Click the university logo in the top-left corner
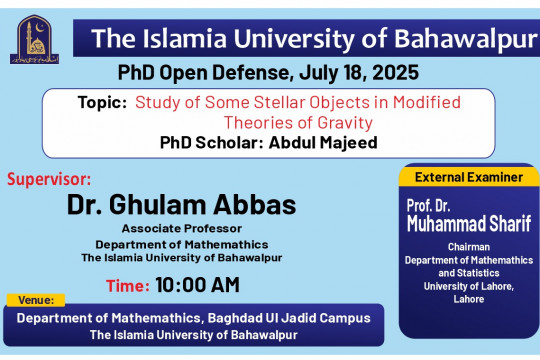coord(35,39)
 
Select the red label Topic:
coord(102,103)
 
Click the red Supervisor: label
coord(49,180)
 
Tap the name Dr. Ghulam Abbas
coord(182,205)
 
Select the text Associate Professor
coord(182,229)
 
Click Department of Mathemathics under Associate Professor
coord(182,243)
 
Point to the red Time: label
coord(127,284)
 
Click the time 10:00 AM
coord(197,284)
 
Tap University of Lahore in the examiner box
coord(468,286)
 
